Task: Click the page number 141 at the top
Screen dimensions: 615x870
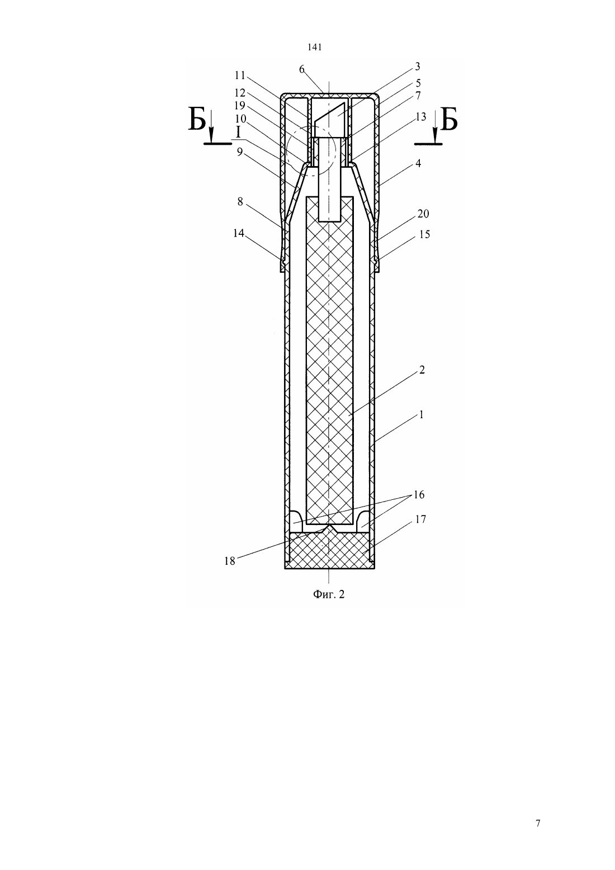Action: click(x=314, y=48)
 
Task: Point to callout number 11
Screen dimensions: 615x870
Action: click(x=240, y=74)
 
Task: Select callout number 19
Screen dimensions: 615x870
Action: click(x=240, y=106)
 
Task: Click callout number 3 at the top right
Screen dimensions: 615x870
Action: click(x=418, y=67)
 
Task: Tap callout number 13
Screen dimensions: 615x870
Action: click(x=421, y=116)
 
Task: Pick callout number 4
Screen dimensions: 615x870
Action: click(x=418, y=163)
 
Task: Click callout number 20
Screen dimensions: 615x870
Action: click(x=423, y=214)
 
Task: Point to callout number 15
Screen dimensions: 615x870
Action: click(x=425, y=234)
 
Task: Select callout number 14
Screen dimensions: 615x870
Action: click(x=239, y=233)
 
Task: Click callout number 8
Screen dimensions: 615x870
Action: click(x=240, y=202)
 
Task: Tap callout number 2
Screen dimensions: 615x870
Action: click(x=422, y=370)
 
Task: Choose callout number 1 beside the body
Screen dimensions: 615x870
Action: click(x=421, y=415)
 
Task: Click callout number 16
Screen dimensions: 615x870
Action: click(x=419, y=494)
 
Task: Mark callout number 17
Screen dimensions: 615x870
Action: click(x=420, y=519)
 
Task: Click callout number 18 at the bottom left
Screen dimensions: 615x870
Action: click(x=230, y=561)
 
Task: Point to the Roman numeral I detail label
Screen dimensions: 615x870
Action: click(x=238, y=132)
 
